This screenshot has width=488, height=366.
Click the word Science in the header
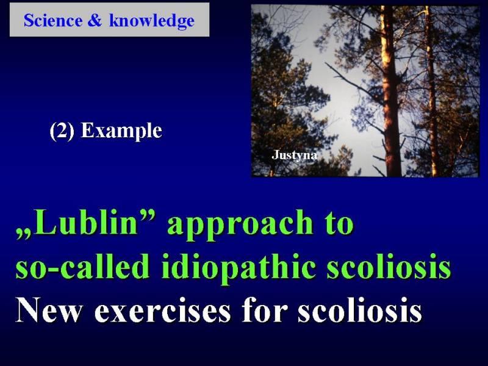pos(53,21)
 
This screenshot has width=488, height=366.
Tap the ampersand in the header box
pos(95,21)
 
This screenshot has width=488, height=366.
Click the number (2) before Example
pos(62,131)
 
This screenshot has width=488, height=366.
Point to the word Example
pos(121,131)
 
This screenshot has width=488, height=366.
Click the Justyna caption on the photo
pos(295,155)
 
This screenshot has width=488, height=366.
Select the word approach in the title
pos(240,224)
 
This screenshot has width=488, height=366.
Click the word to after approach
pos(339,223)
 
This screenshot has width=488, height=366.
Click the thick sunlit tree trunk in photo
pos(390,93)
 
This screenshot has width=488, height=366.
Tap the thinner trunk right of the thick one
pos(432,93)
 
